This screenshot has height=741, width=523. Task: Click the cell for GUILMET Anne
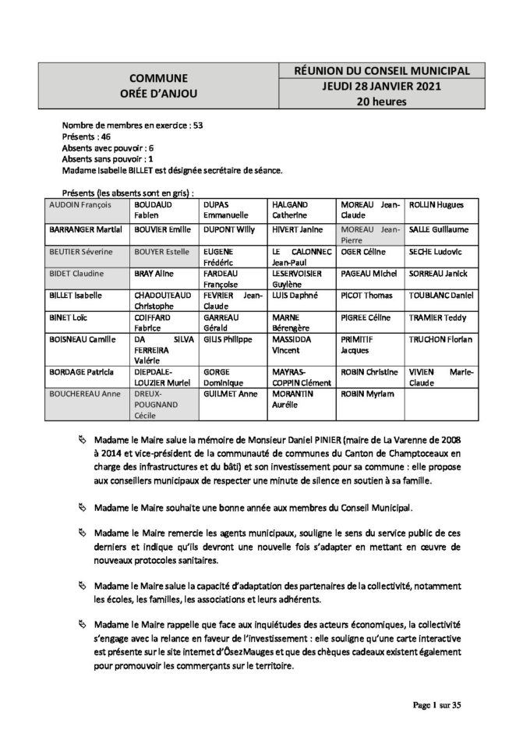click(x=231, y=396)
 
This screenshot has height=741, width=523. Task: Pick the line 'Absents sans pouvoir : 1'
click(x=104, y=158)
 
